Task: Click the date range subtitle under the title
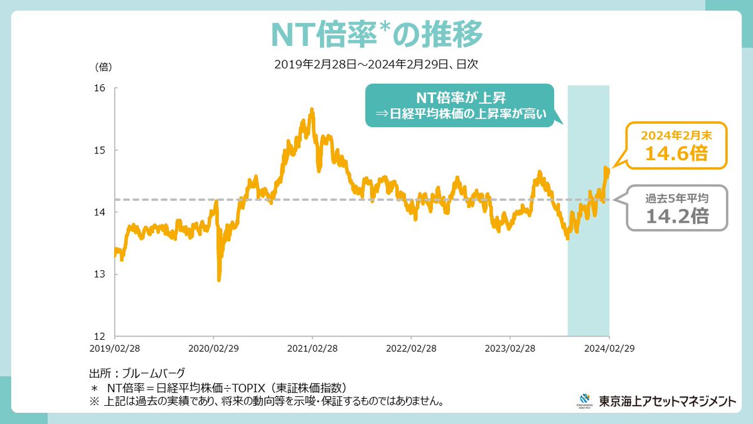[x=376, y=64]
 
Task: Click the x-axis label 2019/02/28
[x=115, y=347]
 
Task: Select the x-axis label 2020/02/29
[x=214, y=347]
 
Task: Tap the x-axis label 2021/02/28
[x=312, y=347]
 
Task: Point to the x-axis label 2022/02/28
[x=411, y=347]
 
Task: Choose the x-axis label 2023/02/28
[x=510, y=347]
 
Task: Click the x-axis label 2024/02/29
[x=608, y=347]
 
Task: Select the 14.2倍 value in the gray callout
[x=678, y=216]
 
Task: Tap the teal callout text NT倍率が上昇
[x=460, y=98]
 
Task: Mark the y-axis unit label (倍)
[x=104, y=66]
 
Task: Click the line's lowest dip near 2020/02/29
[x=218, y=280]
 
